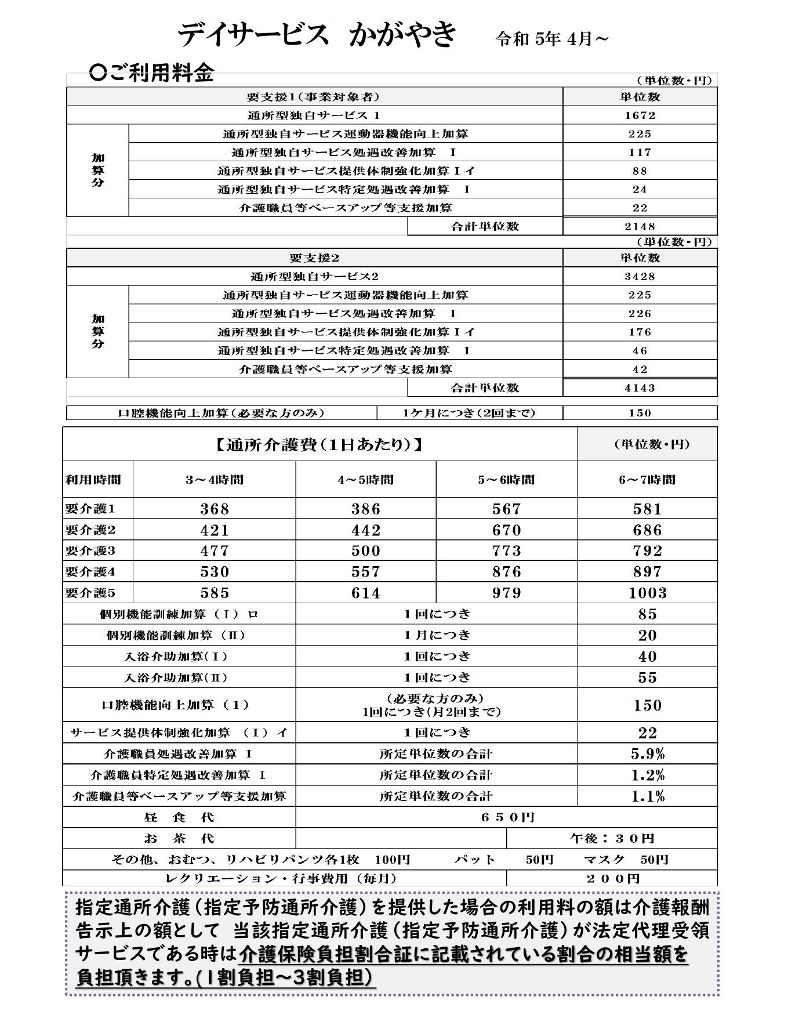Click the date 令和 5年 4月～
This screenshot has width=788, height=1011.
(x=552, y=39)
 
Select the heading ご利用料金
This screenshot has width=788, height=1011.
(x=152, y=73)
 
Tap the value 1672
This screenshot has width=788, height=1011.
(x=640, y=115)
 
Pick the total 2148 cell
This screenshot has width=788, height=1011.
(x=640, y=227)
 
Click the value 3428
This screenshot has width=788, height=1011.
(x=640, y=277)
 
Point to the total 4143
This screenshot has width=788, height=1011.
(x=640, y=388)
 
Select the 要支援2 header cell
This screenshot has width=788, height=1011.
(x=314, y=258)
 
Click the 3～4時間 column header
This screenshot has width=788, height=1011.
(x=214, y=480)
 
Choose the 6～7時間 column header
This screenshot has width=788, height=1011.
(x=647, y=480)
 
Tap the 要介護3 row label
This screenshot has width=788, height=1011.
(x=91, y=550)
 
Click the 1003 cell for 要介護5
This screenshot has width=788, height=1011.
(x=647, y=593)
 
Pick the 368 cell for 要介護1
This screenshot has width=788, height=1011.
(x=215, y=509)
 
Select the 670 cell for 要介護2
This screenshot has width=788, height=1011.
(x=506, y=530)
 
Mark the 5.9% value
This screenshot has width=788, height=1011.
(x=647, y=754)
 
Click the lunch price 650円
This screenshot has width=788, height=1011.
(x=507, y=817)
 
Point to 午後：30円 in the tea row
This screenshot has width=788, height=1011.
(x=612, y=838)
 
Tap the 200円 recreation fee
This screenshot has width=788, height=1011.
(x=612, y=879)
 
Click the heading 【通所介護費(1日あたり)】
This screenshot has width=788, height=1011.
(x=319, y=445)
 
